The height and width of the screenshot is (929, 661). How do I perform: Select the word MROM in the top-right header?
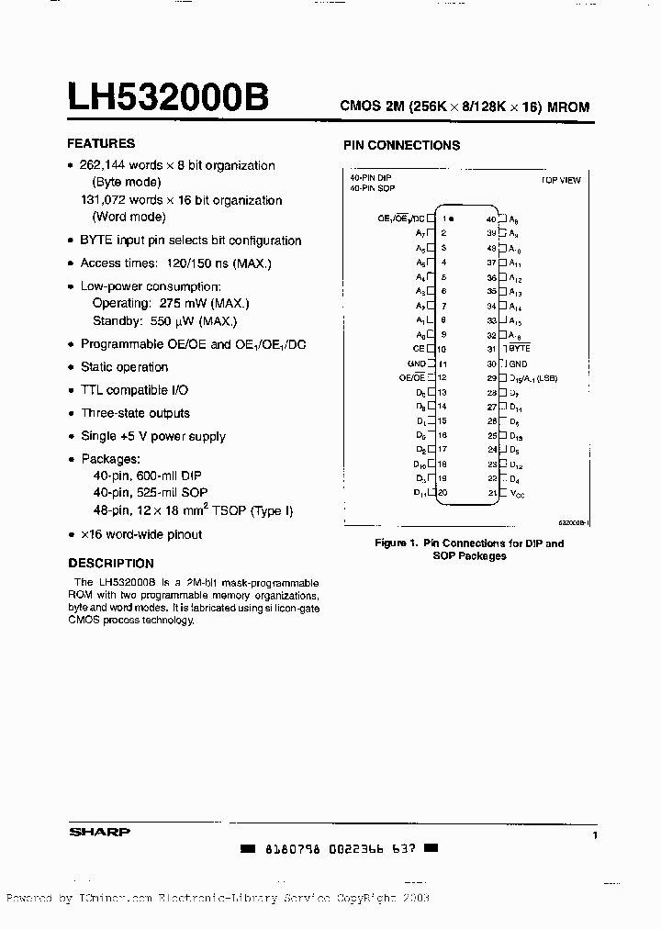pos(568,107)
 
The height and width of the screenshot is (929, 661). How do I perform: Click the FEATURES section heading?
pos(101,143)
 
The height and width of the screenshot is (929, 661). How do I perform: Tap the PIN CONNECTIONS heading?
pos(401,145)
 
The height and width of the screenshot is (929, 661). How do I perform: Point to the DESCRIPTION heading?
pos(111,564)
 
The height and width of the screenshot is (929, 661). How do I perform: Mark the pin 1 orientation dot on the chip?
pos(451,219)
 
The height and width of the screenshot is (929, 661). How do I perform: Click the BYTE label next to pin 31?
pos(520,349)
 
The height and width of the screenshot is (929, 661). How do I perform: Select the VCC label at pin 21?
pos(517,493)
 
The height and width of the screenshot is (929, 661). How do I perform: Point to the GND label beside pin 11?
pos(417,364)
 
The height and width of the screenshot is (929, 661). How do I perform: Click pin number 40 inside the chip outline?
pos(491,219)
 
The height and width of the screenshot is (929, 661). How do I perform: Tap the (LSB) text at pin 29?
pos(547,378)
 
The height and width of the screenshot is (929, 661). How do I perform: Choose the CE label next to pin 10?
pos(419,349)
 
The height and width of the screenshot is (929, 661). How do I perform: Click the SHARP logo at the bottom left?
pos(99,833)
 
